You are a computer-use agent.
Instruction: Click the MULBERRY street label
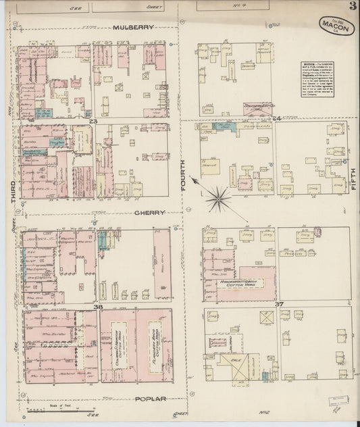(x=133, y=27)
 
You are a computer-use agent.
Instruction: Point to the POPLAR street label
(x=149, y=399)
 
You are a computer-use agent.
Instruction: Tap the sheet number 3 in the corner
(x=353, y=7)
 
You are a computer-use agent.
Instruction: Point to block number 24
(x=275, y=120)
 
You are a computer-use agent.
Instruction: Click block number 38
(x=97, y=307)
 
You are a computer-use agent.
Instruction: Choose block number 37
(x=278, y=305)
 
